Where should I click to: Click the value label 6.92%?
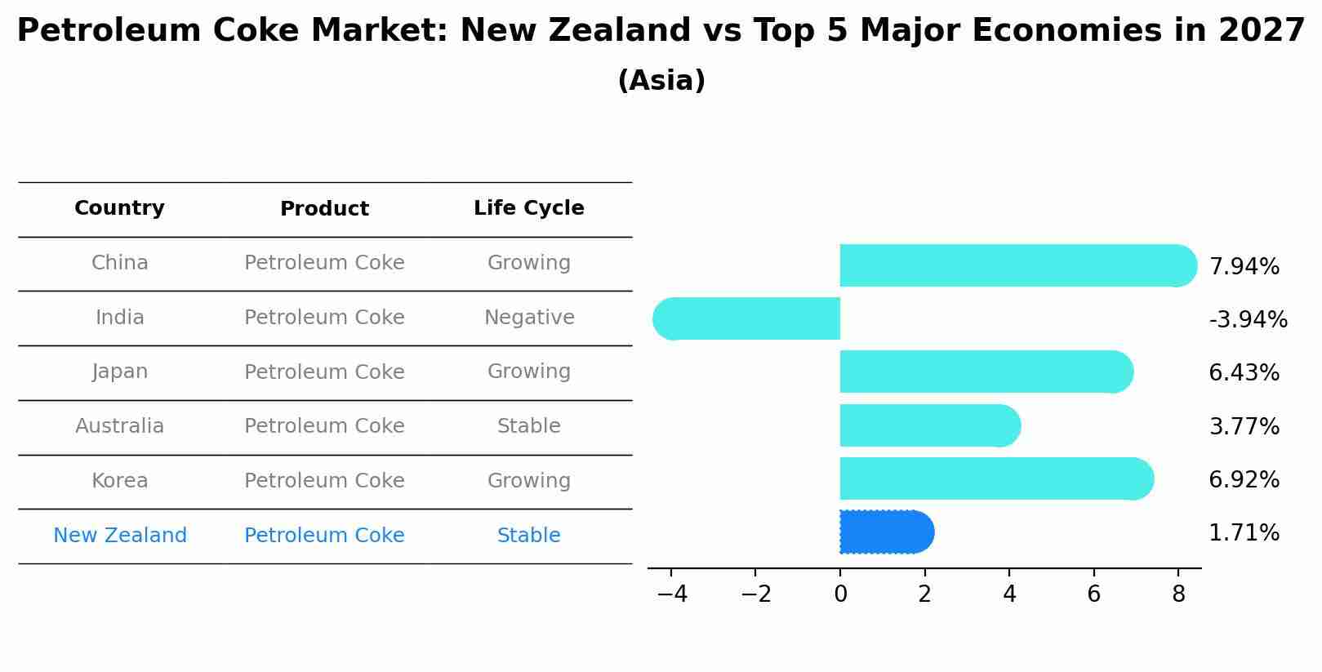pos(1244,479)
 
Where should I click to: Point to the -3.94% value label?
pos(1248,319)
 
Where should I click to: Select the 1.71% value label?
pos(1244,533)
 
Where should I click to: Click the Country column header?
pos(119,208)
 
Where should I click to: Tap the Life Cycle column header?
pos(528,208)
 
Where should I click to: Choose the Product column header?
pos(324,209)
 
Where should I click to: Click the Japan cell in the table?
pos(119,372)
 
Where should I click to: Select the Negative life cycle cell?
pos(528,318)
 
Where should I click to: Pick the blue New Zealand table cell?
pos(119,536)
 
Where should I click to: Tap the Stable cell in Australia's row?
pos(528,426)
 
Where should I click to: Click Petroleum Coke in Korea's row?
pos(324,481)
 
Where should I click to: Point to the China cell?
pos(119,263)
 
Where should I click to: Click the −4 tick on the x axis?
pos(671,594)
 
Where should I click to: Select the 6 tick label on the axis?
pos(1093,594)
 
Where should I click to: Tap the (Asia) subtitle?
pos(661,81)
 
